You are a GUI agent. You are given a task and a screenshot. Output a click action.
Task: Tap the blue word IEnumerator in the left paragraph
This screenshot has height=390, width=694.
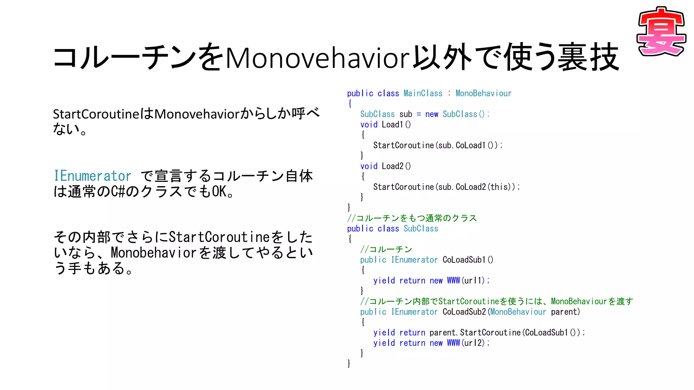(x=93, y=176)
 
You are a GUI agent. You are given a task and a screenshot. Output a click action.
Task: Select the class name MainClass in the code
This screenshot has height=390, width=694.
(x=423, y=93)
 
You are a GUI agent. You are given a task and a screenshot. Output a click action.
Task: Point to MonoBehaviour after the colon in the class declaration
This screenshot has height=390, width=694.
(x=483, y=93)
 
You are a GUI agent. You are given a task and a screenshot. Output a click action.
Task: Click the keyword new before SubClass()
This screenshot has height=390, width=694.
(x=431, y=114)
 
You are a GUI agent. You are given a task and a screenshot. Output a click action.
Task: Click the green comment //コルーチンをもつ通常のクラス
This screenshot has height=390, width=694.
(x=412, y=218)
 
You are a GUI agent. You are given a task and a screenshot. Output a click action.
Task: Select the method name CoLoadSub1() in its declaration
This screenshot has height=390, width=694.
(x=468, y=260)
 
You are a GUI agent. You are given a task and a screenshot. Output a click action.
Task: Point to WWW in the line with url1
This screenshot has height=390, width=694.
(x=453, y=281)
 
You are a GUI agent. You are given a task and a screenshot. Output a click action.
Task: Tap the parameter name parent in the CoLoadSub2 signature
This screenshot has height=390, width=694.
(x=564, y=312)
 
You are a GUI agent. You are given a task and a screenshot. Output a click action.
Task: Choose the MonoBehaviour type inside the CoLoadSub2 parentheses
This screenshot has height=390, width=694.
(x=518, y=312)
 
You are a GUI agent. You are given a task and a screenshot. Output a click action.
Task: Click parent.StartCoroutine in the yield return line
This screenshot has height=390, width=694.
(x=475, y=333)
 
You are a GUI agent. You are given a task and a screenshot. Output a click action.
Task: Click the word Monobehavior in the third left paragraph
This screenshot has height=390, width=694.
(x=154, y=253)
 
